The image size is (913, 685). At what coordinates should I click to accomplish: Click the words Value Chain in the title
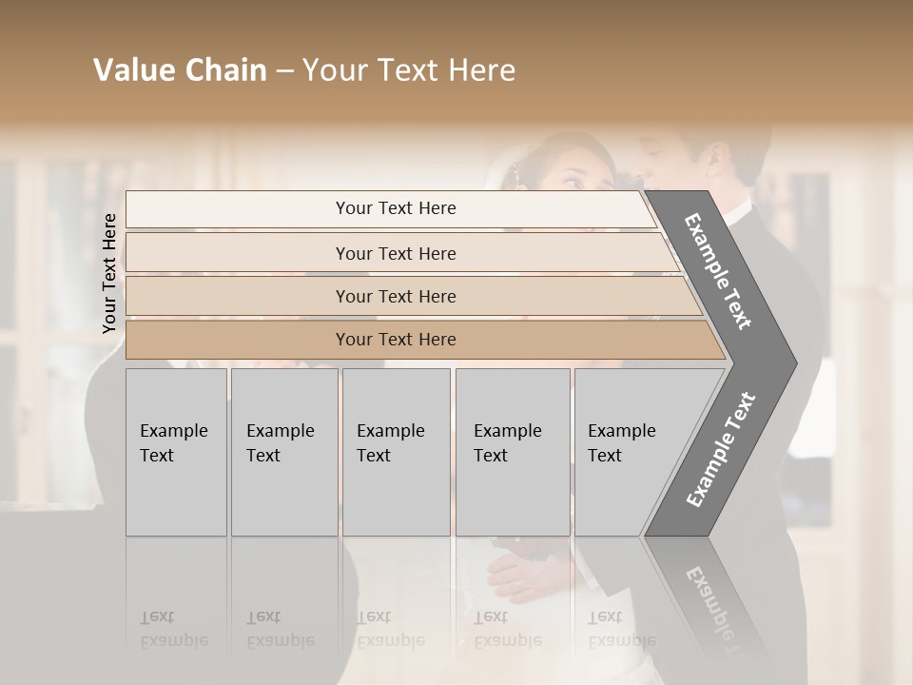(180, 70)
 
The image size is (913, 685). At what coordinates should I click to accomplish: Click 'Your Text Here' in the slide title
(409, 70)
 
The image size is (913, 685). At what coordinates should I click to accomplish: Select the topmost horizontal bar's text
(396, 208)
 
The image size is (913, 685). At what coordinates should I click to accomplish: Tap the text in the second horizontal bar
(396, 253)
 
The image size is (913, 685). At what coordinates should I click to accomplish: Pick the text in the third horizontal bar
(396, 296)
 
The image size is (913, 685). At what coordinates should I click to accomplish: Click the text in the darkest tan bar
(396, 339)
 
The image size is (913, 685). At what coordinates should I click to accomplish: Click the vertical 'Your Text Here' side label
(109, 273)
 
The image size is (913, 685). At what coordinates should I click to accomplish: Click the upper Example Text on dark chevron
(719, 272)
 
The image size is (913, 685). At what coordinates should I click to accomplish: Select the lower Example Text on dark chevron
(720, 450)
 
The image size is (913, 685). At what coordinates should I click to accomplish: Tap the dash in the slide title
(284, 71)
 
